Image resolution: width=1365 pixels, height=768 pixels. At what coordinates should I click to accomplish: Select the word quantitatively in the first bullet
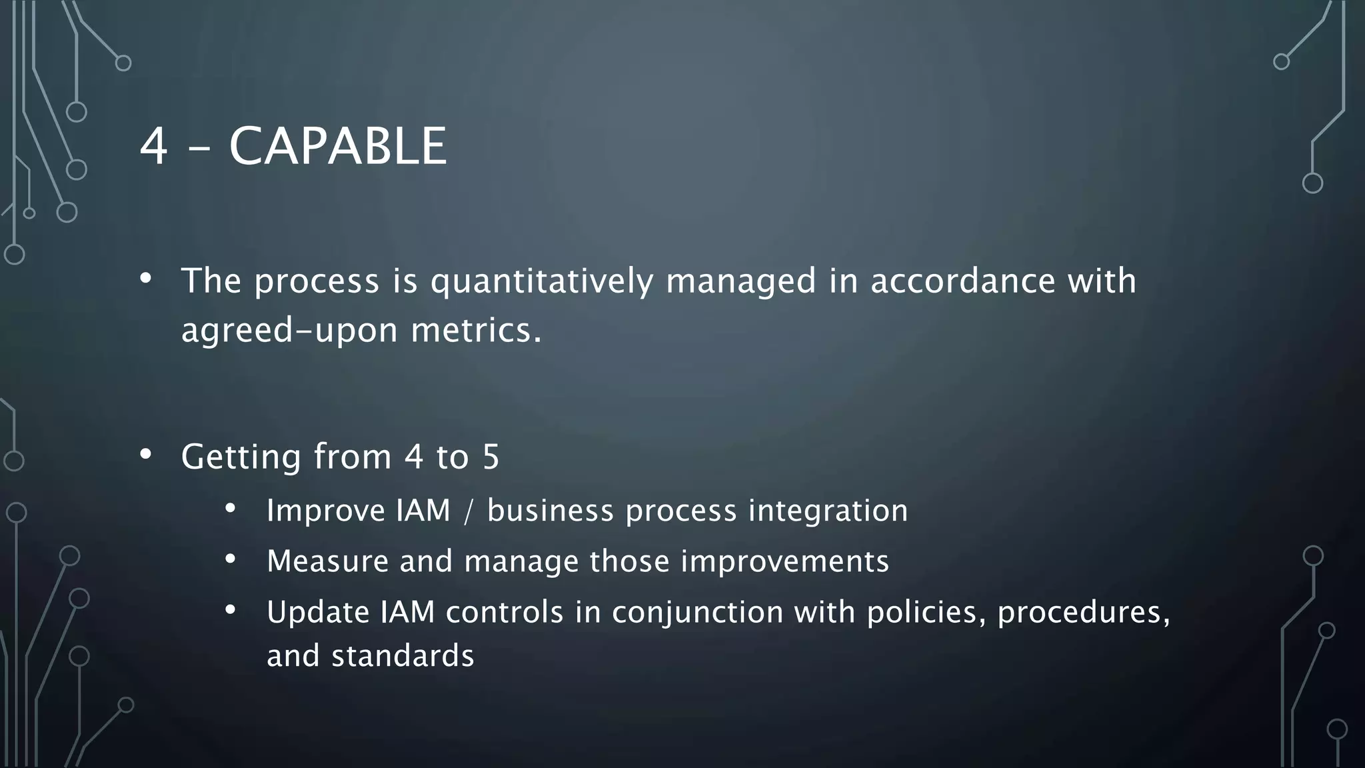click(x=541, y=281)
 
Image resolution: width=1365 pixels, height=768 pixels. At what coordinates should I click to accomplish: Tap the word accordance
click(x=962, y=281)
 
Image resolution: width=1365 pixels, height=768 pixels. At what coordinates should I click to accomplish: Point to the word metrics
click(x=476, y=330)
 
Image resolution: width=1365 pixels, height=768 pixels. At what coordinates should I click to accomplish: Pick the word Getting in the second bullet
click(x=241, y=457)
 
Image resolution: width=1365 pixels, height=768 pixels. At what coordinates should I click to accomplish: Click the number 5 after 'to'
click(x=491, y=457)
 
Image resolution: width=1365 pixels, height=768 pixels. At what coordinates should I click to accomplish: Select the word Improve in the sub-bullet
click(x=325, y=511)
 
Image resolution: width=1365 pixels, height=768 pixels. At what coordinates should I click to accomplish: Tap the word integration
click(x=827, y=511)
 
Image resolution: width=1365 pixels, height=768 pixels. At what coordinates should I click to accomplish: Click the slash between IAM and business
click(x=469, y=511)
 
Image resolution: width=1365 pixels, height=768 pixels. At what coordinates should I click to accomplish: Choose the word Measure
click(x=327, y=561)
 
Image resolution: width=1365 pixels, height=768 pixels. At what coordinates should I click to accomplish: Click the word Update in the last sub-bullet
click(x=318, y=612)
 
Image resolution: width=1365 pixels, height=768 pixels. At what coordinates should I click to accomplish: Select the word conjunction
click(x=697, y=612)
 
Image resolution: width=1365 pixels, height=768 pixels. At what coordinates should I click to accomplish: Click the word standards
click(x=403, y=656)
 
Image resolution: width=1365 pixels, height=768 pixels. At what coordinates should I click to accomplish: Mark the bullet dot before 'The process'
click(x=146, y=278)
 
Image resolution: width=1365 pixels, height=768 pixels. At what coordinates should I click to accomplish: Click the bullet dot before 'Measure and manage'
click(x=231, y=559)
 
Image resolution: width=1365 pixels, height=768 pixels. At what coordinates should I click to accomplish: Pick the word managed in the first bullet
click(x=740, y=281)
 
